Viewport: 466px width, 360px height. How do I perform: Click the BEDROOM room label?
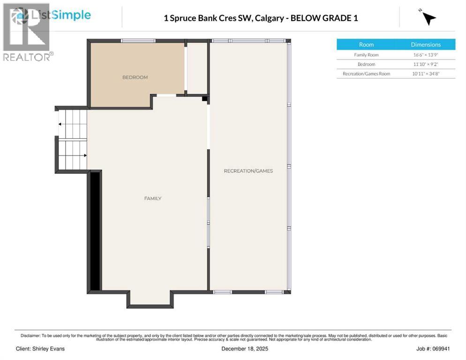click(135, 77)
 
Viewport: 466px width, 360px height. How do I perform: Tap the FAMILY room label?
click(153, 199)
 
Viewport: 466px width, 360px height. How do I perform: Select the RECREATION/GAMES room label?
click(248, 171)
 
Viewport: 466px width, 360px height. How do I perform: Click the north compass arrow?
click(428, 18)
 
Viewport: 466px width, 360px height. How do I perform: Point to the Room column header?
click(366, 45)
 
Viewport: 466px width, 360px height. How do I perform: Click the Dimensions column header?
click(426, 45)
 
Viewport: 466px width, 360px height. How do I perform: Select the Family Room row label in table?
click(366, 55)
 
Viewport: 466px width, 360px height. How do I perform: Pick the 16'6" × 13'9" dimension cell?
click(426, 55)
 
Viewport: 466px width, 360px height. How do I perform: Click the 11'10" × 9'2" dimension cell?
click(426, 64)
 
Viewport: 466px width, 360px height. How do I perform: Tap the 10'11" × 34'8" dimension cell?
click(426, 74)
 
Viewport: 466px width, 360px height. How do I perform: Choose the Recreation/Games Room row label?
click(366, 74)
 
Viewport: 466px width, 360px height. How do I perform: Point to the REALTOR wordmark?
click(27, 57)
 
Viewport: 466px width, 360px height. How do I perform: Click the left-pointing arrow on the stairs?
click(60, 124)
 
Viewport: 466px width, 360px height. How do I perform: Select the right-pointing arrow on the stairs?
click(84, 155)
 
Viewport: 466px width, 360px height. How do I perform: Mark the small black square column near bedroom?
click(204, 98)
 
